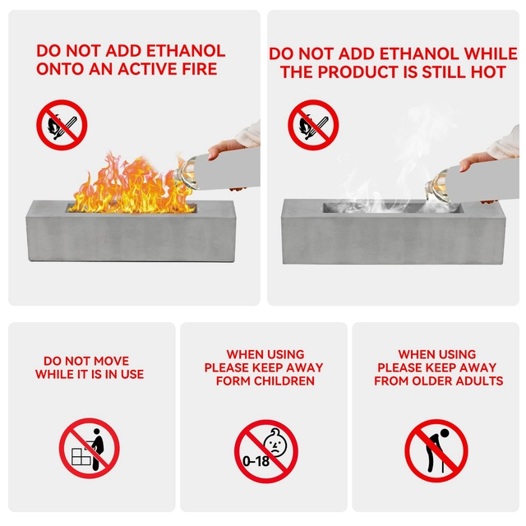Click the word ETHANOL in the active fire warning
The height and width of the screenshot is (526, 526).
(186, 51)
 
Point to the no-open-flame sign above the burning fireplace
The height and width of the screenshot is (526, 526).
(62, 125)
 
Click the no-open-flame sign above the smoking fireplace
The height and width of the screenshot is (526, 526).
(313, 125)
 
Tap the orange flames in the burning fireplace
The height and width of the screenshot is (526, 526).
(132, 184)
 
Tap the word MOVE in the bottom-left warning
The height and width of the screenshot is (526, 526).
(112, 361)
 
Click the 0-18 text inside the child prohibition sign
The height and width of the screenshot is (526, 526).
(256, 461)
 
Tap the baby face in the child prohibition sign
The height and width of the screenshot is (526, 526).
(275, 442)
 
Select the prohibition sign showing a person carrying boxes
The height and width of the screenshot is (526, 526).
(90, 448)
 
